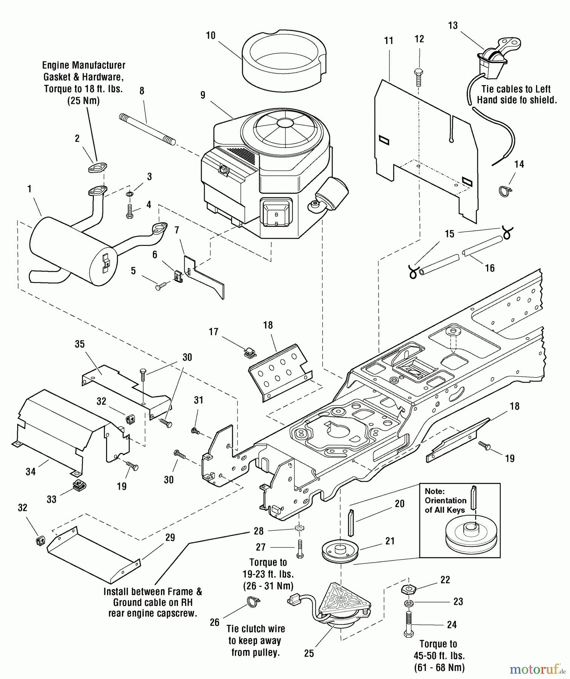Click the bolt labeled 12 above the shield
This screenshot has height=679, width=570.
point(418,77)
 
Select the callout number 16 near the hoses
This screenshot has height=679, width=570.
point(489,268)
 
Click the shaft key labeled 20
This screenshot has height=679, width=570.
point(351,522)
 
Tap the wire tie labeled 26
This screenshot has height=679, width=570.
point(254,602)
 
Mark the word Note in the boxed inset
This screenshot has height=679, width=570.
point(435,491)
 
